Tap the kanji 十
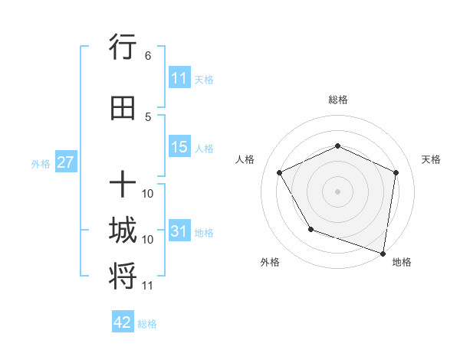(123, 184)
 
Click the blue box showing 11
(179, 78)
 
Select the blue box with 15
(179, 147)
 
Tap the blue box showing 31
(179, 231)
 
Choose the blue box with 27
(65, 162)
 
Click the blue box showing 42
(123, 322)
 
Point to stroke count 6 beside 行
(147, 56)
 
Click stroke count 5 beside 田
(147, 116)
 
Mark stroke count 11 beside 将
(148, 286)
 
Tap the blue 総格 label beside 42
(147, 324)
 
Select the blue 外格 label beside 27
(40, 163)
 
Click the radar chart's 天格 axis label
(431, 159)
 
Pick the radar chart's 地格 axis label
(402, 262)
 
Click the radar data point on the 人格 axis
(280, 173)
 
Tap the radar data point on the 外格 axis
(310, 229)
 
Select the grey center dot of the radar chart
(337, 191)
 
